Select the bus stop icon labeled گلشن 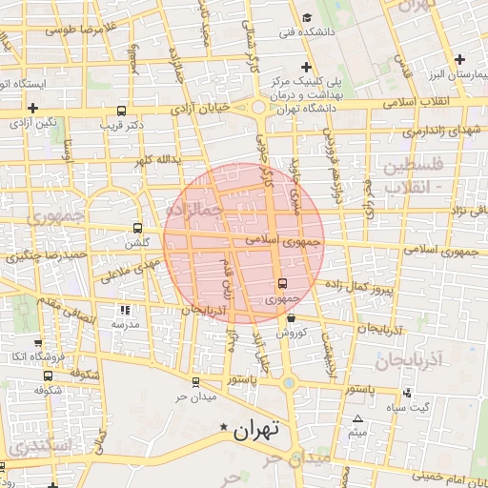click(137, 229)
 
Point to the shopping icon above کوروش click(291, 318)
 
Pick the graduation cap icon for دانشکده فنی click(306, 18)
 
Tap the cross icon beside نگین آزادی click(33, 109)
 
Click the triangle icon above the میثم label click(358, 419)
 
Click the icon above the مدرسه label click(125, 310)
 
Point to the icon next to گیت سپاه click(408, 393)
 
